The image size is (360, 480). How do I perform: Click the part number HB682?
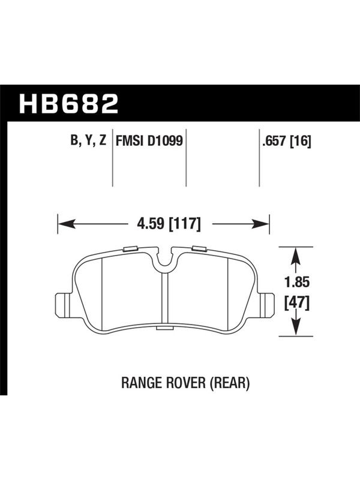(68, 103)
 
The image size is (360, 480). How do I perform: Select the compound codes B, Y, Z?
(88, 140)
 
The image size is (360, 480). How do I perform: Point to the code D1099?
(166, 141)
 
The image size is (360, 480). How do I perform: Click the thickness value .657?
(274, 141)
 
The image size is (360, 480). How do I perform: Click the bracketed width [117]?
(185, 224)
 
